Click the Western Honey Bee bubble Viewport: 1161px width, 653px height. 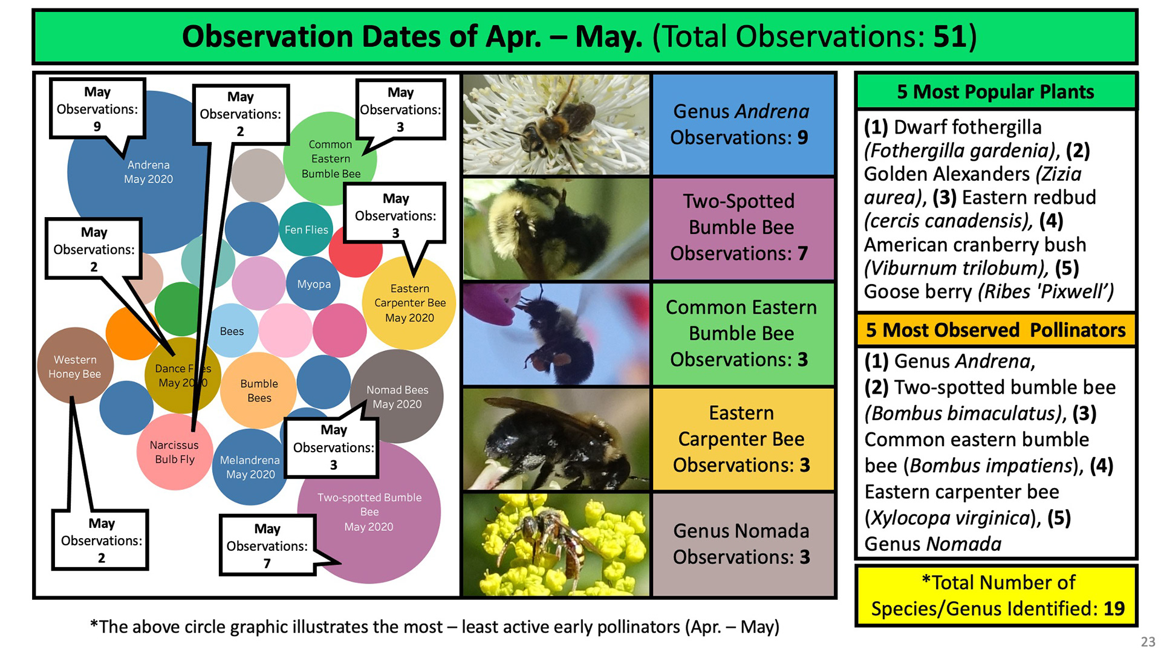75,366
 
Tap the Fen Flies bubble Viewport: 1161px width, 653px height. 306,229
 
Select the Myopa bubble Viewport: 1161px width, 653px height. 313,284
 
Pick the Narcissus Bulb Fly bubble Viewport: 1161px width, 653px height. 175,452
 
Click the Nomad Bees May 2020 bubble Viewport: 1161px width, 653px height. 397,397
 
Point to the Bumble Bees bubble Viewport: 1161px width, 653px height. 259,391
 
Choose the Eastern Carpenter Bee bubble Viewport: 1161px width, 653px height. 409,303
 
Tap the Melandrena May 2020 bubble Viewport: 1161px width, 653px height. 250,467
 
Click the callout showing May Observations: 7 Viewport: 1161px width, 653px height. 268,545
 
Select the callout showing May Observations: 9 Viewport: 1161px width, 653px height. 97,109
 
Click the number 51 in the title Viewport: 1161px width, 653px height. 951,36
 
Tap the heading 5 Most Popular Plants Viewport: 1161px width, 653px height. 995,91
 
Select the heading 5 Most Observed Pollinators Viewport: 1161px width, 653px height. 995,330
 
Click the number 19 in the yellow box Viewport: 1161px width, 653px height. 1114,608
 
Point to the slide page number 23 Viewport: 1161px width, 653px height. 1147,642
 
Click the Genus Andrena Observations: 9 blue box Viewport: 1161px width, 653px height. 743,125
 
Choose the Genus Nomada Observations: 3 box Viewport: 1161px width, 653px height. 743,544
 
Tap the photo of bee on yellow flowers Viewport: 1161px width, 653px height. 556,545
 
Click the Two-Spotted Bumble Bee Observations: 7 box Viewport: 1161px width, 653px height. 743,228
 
